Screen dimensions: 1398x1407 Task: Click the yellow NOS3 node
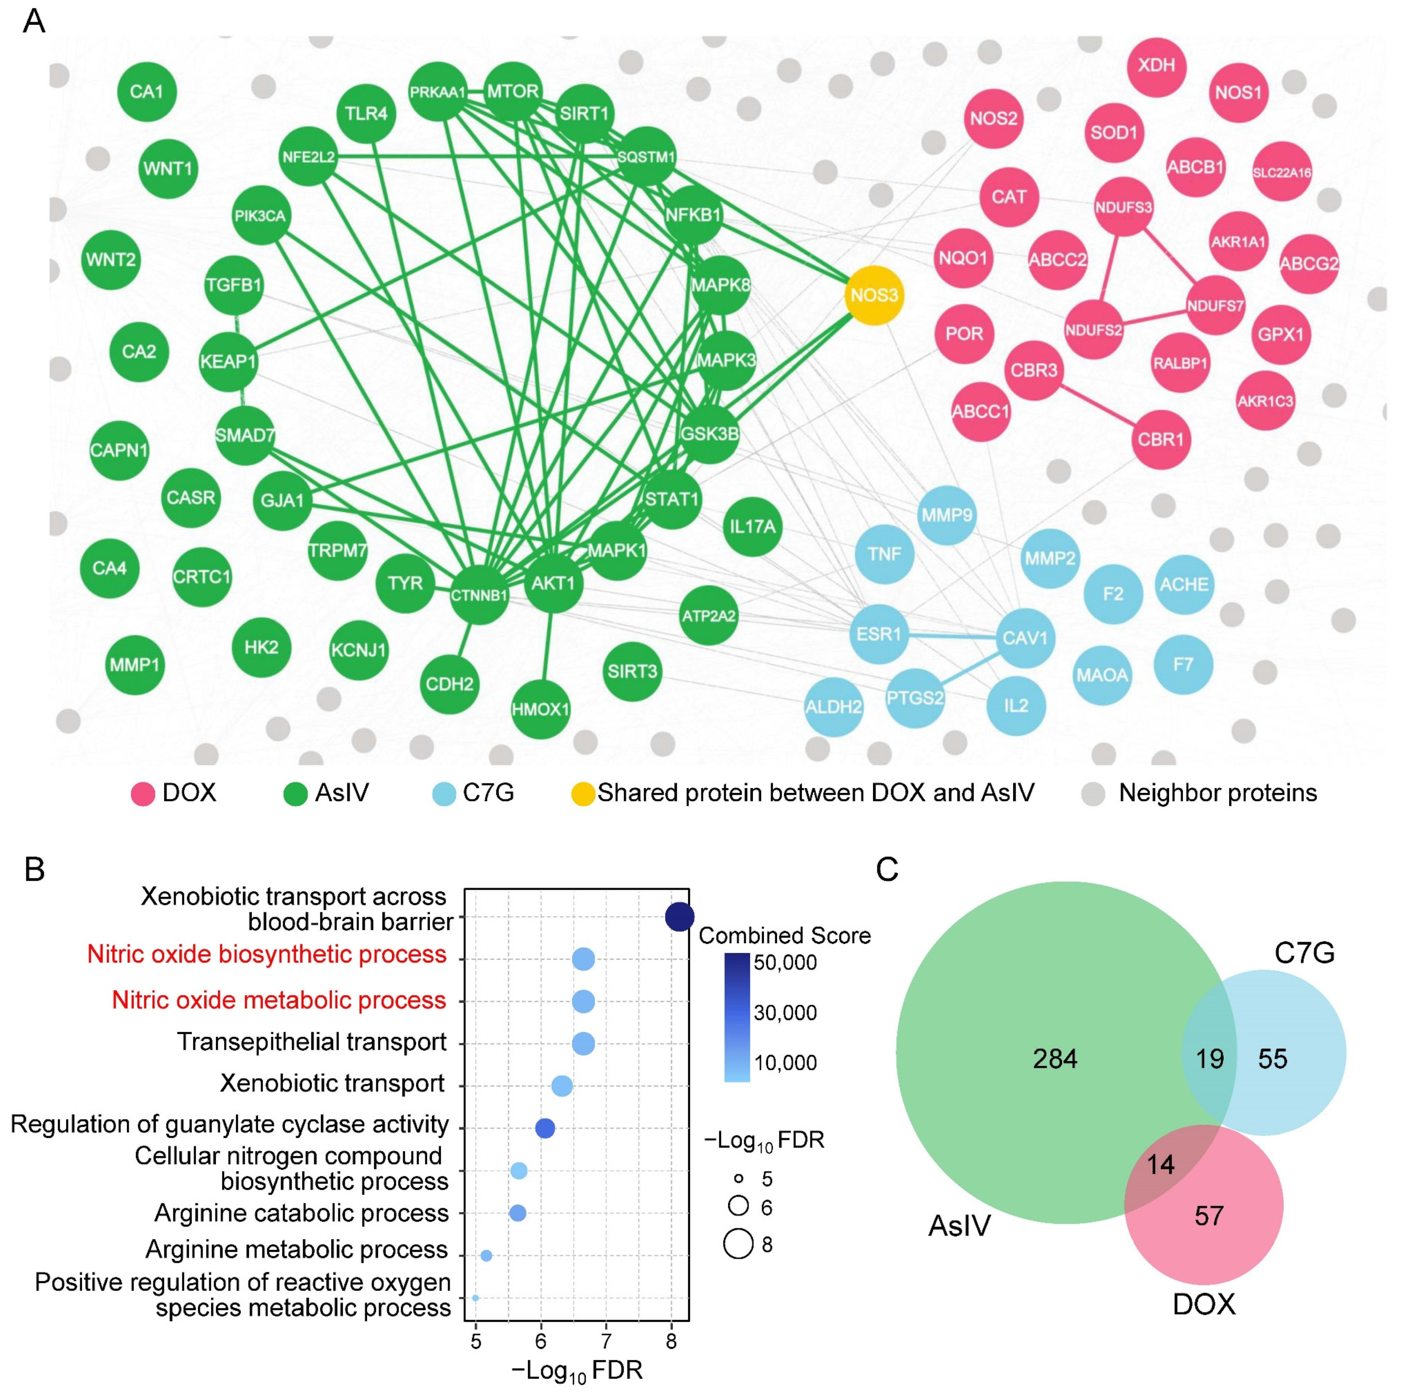(x=874, y=295)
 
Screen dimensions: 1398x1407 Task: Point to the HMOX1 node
(x=540, y=708)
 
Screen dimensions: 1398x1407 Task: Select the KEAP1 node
(x=228, y=361)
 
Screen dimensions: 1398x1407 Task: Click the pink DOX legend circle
(x=143, y=794)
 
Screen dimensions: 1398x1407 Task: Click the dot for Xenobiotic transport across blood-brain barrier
(x=679, y=917)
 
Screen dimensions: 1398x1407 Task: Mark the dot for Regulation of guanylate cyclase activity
(x=545, y=1128)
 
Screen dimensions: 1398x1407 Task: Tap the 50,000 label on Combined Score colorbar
(x=785, y=963)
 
